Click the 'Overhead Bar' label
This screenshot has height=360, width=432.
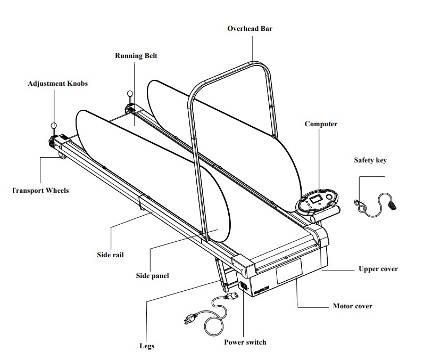pyautogui.click(x=250, y=28)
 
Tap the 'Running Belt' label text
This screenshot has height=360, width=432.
pyautogui.click(x=136, y=55)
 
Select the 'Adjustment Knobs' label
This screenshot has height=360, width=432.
pyautogui.click(x=57, y=84)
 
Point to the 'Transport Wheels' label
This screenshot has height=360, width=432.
pyautogui.click(x=40, y=190)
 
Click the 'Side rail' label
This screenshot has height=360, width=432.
pyautogui.click(x=110, y=255)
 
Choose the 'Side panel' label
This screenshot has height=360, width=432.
pyautogui.click(x=152, y=275)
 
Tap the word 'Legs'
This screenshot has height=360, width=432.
pyautogui.click(x=146, y=346)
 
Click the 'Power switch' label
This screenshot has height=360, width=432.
pyautogui.click(x=245, y=342)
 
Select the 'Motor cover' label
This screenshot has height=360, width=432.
pyautogui.click(x=352, y=306)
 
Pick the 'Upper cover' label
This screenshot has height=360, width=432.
pyautogui.click(x=378, y=269)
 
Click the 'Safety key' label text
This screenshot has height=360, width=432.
pyautogui.click(x=370, y=160)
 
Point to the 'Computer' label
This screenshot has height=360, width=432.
pyautogui.click(x=321, y=124)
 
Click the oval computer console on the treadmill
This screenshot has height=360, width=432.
pyautogui.click(x=317, y=202)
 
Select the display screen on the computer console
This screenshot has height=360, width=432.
pyautogui.click(x=314, y=199)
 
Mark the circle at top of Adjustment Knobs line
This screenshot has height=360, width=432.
pyautogui.click(x=53, y=126)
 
